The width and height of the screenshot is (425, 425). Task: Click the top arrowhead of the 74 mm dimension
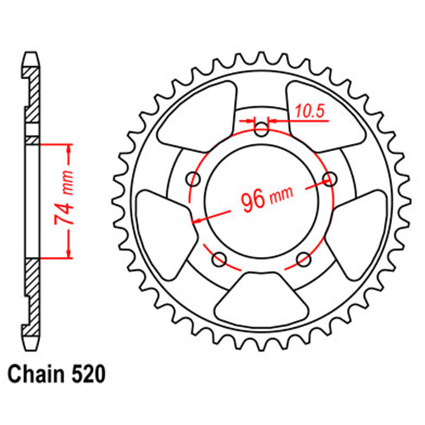pos(68,147)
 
